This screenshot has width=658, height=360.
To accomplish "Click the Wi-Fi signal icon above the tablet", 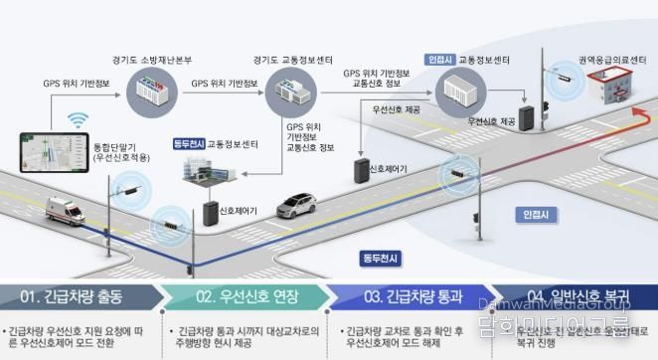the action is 79,121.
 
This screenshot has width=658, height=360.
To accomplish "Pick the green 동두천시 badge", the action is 189,143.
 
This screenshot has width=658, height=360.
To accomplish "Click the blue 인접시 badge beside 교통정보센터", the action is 440,59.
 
